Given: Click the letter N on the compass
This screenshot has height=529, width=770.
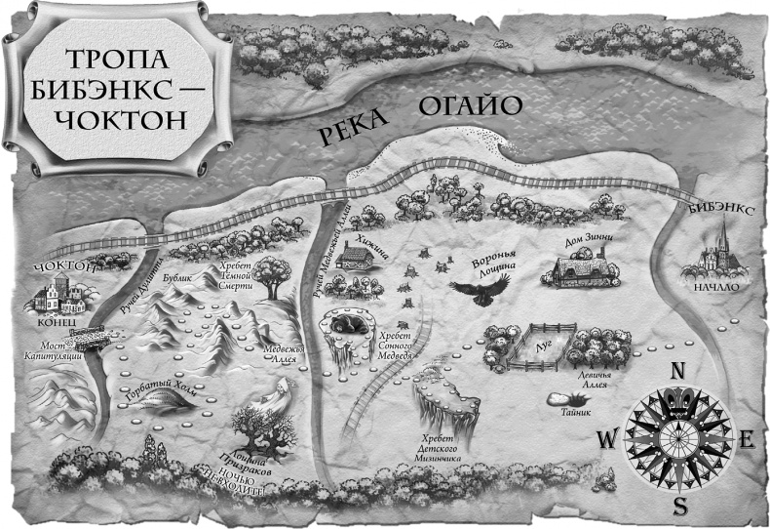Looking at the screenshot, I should pyautogui.click(x=678, y=371).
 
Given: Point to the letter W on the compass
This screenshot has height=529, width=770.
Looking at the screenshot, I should pyautogui.click(x=607, y=440).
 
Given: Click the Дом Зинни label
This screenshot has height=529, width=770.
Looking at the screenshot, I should pyautogui.click(x=585, y=237).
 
